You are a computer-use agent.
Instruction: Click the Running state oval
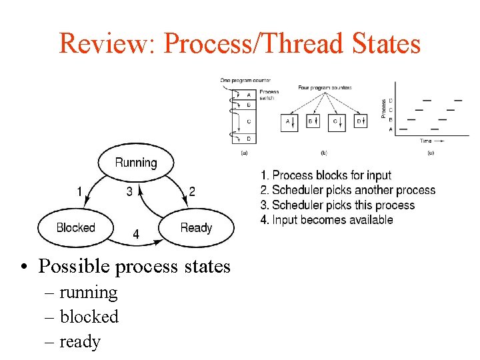pyautogui.click(x=136, y=163)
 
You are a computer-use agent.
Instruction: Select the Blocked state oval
pyautogui.click(x=75, y=228)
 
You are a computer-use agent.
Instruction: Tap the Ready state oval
pyautogui.click(x=196, y=228)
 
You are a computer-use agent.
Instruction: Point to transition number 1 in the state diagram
pyautogui.click(x=79, y=192)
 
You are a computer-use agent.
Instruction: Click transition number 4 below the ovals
pyautogui.click(x=136, y=235)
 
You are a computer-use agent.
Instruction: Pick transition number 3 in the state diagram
pyautogui.click(x=129, y=192)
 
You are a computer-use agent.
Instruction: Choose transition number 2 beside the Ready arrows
pyautogui.click(x=192, y=192)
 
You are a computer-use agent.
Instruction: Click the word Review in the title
pyautogui.click(x=105, y=44)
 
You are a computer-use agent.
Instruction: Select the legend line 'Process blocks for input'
pyautogui.click(x=326, y=175)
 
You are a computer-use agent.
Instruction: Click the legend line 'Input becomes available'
pyautogui.click(x=327, y=220)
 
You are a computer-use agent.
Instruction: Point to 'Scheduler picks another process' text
pyautogui.click(x=348, y=191)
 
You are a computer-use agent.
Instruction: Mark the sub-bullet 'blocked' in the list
pyautogui.click(x=89, y=317)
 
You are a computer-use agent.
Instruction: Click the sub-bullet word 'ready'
pyautogui.click(x=80, y=342)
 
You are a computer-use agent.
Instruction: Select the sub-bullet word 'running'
pyautogui.click(x=88, y=292)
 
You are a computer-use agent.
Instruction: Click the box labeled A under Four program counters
pyautogui.click(x=289, y=121)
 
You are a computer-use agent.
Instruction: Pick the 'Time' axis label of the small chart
pyautogui.click(x=426, y=141)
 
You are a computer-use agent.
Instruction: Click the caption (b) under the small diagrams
pyautogui.click(x=323, y=153)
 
